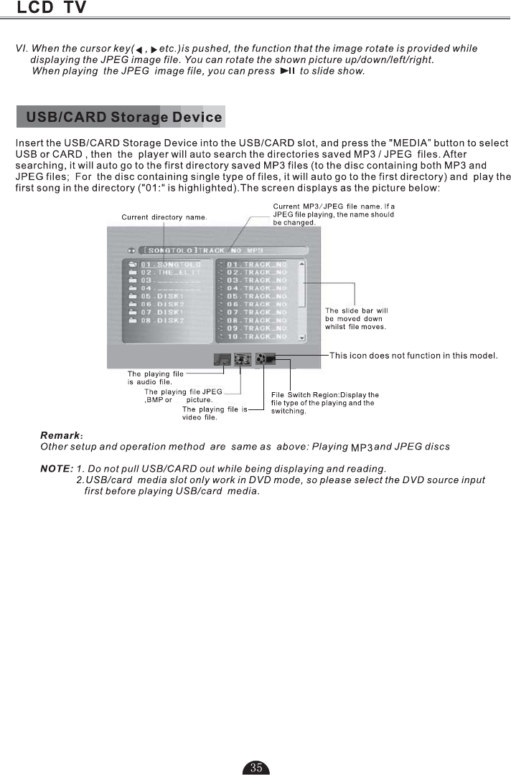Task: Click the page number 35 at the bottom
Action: (x=256, y=767)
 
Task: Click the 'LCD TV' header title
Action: (x=52, y=9)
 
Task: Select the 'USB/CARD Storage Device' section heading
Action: (x=122, y=116)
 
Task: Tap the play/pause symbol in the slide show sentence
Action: (x=288, y=71)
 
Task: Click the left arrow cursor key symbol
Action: (x=139, y=49)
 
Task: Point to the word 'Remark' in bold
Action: (x=60, y=435)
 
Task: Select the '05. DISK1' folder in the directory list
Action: (x=158, y=295)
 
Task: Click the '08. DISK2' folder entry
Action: (x=158, y=320)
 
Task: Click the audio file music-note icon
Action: (x=222, y=359)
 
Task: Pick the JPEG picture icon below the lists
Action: (x=243, y=359)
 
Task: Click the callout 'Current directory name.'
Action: (x=164, y=217)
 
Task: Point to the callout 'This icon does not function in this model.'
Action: (x=413, y=355)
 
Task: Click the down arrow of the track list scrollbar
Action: (x=302, y=336)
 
